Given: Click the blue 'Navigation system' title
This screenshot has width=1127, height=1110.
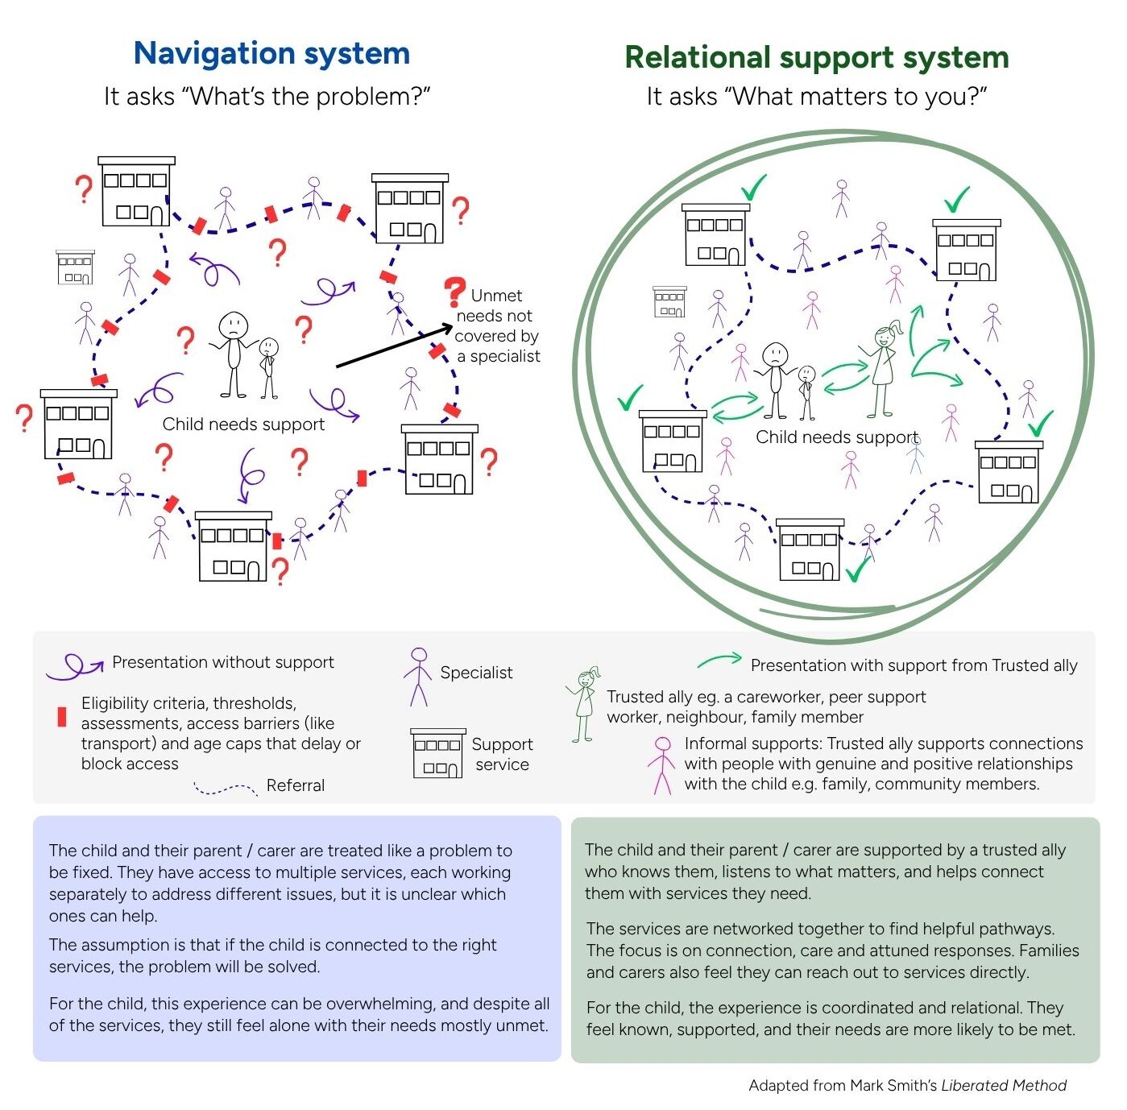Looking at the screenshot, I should tap(271, 54).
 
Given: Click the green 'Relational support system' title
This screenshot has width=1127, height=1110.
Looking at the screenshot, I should tap(816, 57).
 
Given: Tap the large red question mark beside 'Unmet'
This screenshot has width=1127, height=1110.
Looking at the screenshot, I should tap(455, 291).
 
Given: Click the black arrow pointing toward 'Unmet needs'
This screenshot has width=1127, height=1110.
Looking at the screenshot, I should tap(394, 346).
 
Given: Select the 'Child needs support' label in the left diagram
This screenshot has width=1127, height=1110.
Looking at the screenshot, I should tap(243, 425).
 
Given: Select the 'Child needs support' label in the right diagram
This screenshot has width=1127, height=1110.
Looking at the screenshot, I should tap(836, 437).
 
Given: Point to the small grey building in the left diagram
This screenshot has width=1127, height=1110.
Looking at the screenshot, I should tap(75, 267).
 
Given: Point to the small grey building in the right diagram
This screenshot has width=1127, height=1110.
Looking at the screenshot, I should tap(669, 302).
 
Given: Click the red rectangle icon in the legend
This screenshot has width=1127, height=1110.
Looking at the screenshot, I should tap(62, 717).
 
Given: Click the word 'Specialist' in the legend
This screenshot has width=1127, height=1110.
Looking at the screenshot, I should tap(476, 673).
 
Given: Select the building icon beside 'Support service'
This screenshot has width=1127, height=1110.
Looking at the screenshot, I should tap(437, 754).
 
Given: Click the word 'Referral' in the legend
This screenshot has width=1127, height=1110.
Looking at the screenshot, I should tap(295, 785).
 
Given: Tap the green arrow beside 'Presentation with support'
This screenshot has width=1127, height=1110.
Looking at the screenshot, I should tap(719, 661).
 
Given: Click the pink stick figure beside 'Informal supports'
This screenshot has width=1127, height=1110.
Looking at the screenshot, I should tap(662, 765).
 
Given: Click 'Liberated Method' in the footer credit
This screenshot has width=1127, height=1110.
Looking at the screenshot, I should tap(1004, 1085).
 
